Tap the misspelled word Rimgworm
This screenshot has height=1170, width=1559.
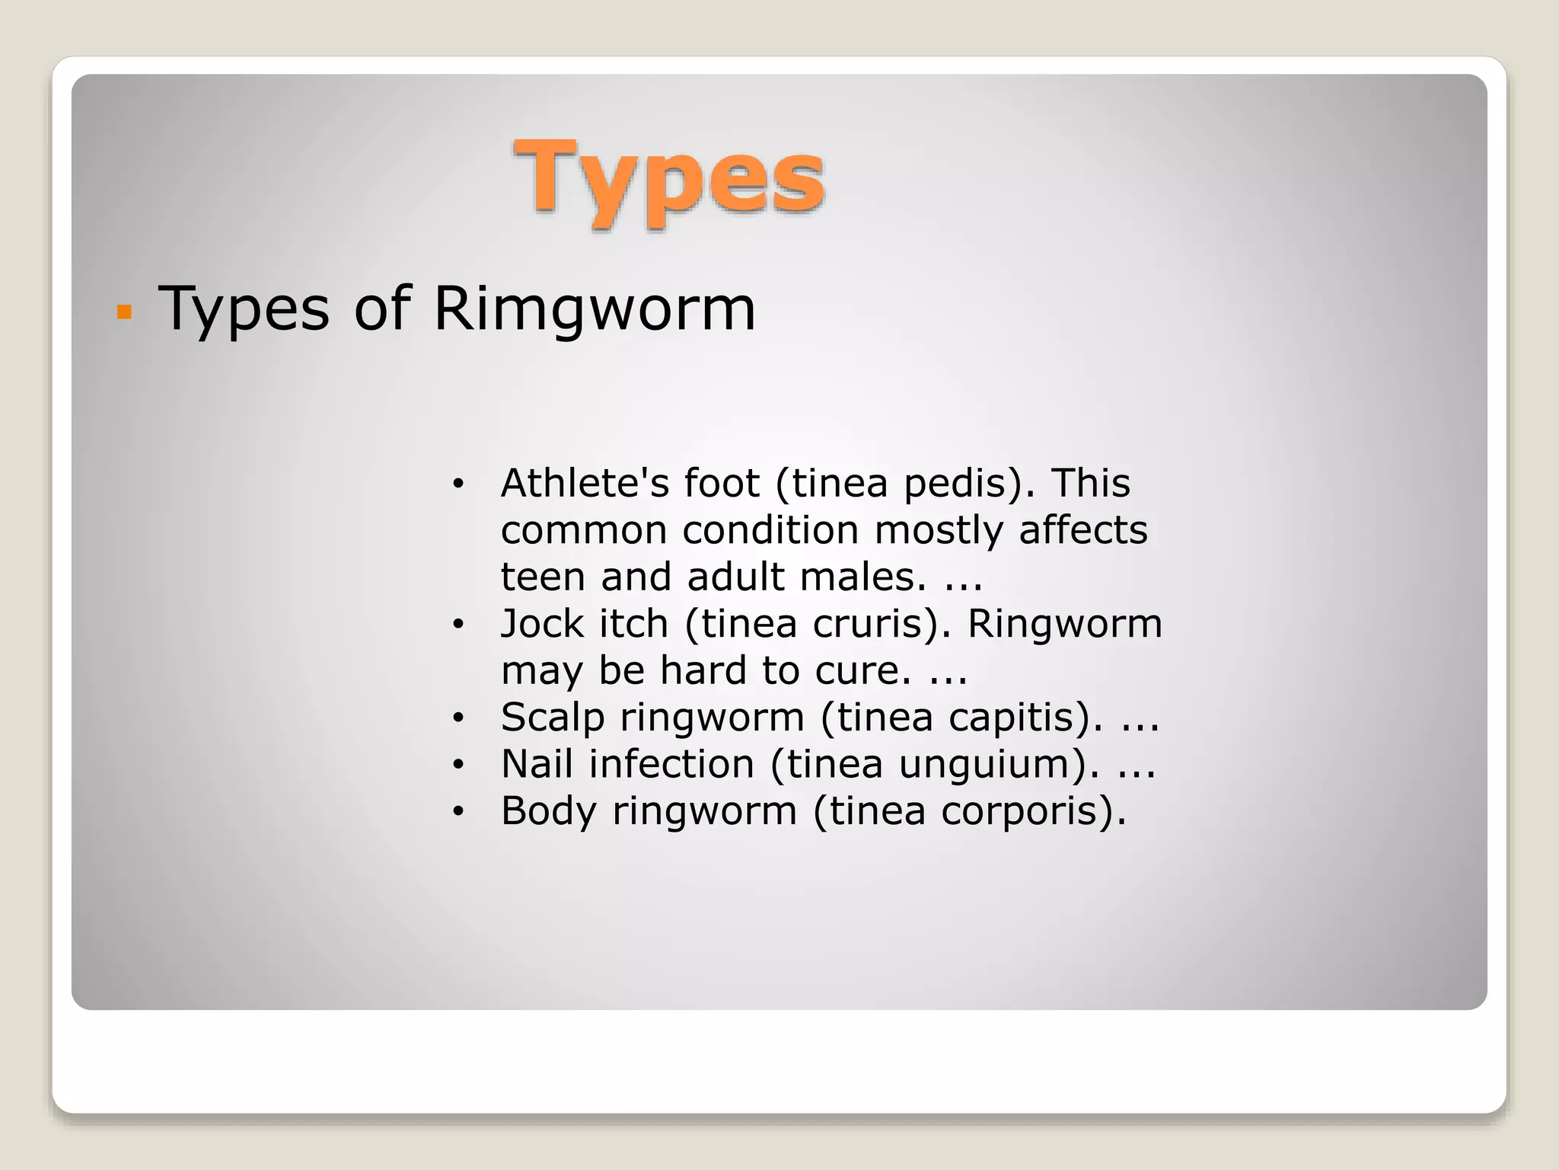point(595,308)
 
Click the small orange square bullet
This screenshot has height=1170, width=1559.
point(125,312)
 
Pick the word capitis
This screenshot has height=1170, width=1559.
point(1024,718)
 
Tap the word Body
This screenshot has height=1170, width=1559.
point(548,810)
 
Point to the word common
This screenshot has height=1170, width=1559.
point(583,531)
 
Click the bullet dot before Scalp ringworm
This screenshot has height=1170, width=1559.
point(457,718)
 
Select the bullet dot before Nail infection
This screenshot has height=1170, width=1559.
point(457,765)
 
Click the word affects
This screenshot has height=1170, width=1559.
point(1082,530)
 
